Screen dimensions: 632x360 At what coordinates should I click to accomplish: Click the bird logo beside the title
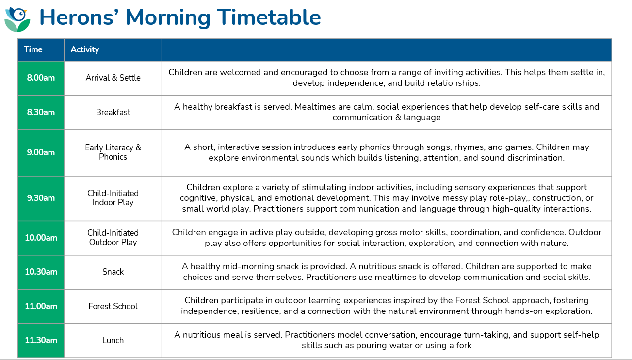click(x=17, y=19)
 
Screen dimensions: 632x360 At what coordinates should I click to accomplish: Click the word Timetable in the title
click(x=269, y=17)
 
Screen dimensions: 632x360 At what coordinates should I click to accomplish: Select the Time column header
click(x=41, y=50)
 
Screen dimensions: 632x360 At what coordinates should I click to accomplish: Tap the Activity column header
click(x=113, y=50)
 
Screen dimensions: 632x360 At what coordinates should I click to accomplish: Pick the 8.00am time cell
click(x=41, y=78)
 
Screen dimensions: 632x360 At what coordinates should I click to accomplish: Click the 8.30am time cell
click(x=41, y=112)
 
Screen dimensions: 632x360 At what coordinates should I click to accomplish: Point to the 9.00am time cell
click(x=41, y=153)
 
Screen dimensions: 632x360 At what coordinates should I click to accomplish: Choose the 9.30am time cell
click(x=41, y=198)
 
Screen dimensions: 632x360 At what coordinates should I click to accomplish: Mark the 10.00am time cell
click(x=41, y=238)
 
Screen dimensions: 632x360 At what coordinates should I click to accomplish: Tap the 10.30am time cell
click(x=41, y=272)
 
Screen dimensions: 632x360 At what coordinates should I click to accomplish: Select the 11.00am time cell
click(x=41, y=306)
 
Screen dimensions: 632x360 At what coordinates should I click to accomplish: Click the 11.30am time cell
click(x=41, y=340)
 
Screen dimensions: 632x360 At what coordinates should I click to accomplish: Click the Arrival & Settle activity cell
click(x=113, y=78)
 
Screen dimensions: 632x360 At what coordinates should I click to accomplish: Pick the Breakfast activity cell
click(x=113, y=112)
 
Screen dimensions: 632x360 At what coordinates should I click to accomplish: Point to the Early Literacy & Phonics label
click(x=113, y=152)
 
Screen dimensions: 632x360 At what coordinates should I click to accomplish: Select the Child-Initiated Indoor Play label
click(x=113, y=198)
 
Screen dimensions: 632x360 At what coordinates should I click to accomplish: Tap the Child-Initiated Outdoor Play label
click(x=113, y=238)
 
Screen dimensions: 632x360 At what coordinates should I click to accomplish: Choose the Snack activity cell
click(x=113, y=272)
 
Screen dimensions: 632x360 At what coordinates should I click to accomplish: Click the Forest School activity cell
click(x=113, y=306)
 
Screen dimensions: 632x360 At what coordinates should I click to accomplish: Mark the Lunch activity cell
click(x=113, y=340)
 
